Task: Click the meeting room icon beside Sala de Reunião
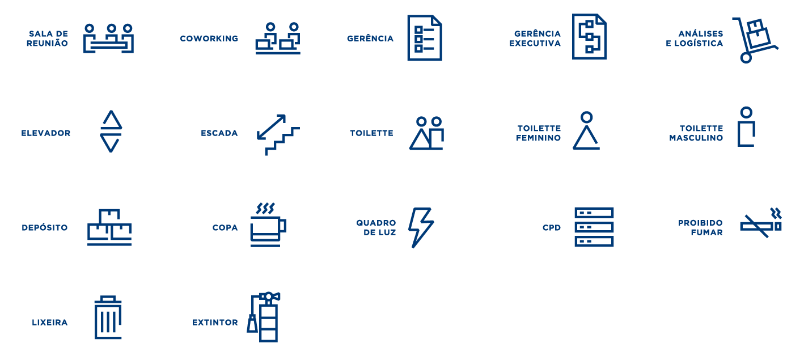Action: tap(108, 39)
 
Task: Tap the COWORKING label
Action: tap(209, 39)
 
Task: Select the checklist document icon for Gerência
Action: tap(424, 38)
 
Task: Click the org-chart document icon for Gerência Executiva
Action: tap(589, 37)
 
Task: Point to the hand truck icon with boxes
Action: tap(755, 40)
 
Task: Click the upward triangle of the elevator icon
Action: tap(111, 120)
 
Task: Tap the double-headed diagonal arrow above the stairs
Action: tap(271, 126)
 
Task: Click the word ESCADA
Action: tap(219, 133)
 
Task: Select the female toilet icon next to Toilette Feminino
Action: tap(586, 131)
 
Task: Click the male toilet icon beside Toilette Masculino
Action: tap(746, 127)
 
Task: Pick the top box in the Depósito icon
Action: tap(109, 216)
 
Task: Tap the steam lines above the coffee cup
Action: tap(265, 208)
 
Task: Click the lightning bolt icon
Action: tap(420, 227)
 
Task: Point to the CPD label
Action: tap(551, 228)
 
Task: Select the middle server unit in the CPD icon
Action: tap(594, 227)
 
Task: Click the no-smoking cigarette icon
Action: tap(760, 225)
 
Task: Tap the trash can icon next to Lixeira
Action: tap(108, 318)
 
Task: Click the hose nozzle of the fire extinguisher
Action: tap(252, 324)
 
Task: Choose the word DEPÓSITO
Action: tap(45, 228)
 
